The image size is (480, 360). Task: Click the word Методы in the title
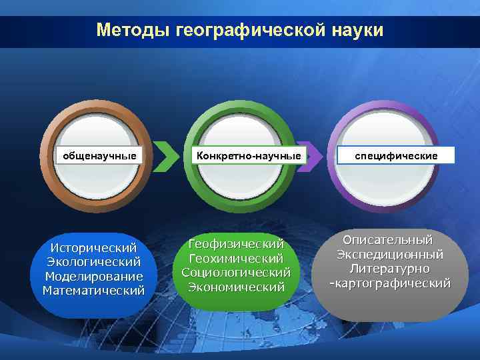133,31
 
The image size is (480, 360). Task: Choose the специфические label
396,155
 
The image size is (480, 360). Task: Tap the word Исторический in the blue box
93,247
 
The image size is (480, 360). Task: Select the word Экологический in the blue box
93,262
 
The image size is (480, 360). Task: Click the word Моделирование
93,276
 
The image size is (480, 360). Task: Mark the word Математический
93,291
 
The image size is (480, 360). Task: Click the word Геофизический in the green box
236,243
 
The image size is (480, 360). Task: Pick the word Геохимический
236,258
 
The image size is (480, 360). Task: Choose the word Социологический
236,273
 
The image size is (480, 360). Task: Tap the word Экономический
236,287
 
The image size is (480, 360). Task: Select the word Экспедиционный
389,255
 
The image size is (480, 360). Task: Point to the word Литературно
389,269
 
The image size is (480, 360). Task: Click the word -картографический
389,283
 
